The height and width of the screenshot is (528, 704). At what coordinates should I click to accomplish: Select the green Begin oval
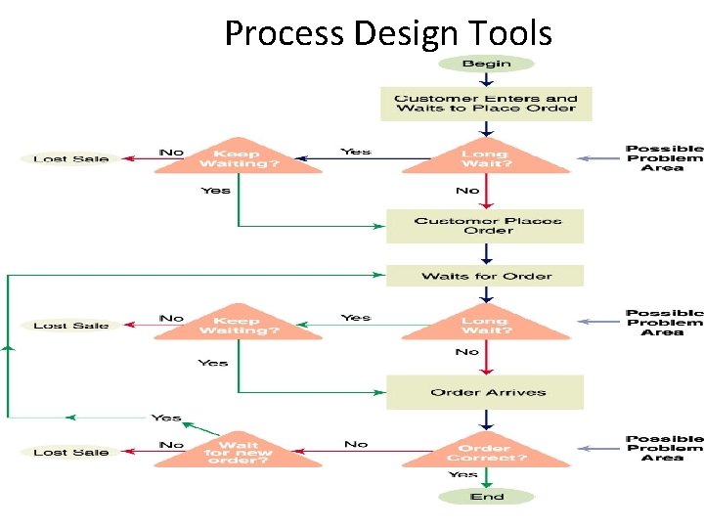486,64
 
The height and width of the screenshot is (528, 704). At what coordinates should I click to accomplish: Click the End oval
486,497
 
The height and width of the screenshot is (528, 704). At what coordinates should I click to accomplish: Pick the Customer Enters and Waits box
486,104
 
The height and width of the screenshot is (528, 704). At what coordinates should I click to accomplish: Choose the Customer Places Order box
486,226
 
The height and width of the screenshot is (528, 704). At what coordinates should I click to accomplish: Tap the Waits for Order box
486,276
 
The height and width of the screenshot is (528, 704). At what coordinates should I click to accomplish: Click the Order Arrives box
486,392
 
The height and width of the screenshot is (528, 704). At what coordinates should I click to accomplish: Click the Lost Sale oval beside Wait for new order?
70,453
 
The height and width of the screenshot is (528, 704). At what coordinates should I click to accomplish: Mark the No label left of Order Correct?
356,444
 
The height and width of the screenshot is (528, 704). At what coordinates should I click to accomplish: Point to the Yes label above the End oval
462,474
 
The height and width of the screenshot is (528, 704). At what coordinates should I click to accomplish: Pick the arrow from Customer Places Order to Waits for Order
486,253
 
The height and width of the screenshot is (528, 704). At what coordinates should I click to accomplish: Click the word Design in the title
401,33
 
